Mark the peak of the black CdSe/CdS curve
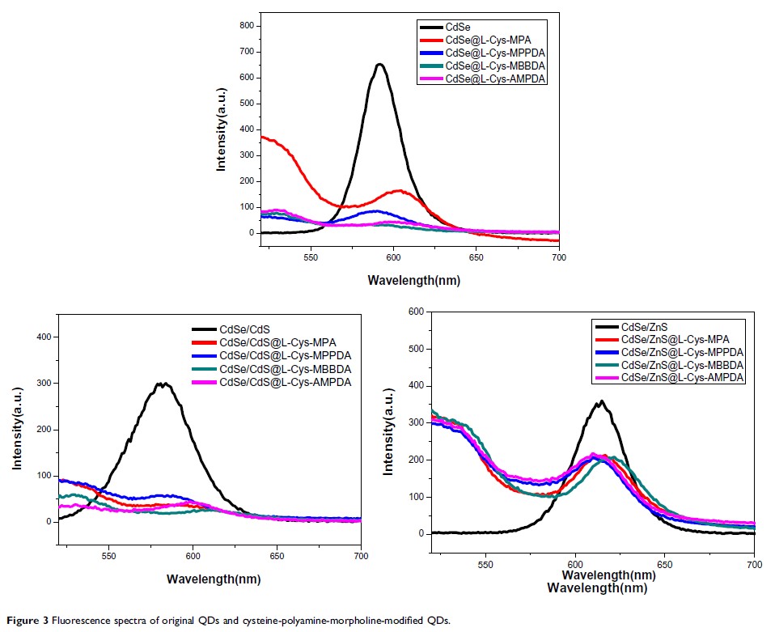[164, 384]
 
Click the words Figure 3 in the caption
[28, 621]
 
